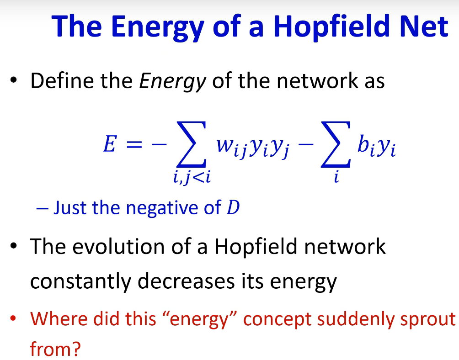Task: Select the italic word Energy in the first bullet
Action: pyautogui.click(x=173, y=82)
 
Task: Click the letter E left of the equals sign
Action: pyautogui.click(x=110, y=143)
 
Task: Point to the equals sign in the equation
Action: pyautogui.click(x=134, y=144)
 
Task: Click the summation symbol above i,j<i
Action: pyautogui.click(x=192, y=144)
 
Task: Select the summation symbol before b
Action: pyautogui.click(x=336, y=144)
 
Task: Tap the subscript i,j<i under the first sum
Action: pyautogui.click(x=192, y=177)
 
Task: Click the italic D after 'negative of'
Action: pyautogui.click(x=233, y=207)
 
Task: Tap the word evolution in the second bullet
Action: pyautogui.click(x=118, y=247)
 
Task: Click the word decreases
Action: pyautogui.click(x=186, y=281)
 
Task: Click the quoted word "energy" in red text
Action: pyautogui.click(x=199, y=319)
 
